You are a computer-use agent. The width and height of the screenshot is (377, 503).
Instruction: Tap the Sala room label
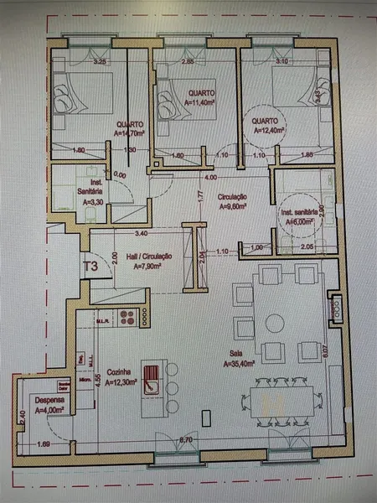239,355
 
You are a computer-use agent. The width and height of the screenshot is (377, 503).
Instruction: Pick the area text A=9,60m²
235,205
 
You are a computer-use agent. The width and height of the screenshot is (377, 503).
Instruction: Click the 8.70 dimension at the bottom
186,440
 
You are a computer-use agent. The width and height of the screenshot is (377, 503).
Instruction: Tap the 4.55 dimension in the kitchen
98,378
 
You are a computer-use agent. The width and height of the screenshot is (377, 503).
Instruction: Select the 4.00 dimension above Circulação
210,178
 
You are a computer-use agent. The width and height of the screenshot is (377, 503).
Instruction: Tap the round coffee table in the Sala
274,323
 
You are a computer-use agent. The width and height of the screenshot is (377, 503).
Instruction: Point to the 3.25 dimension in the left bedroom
99,61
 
